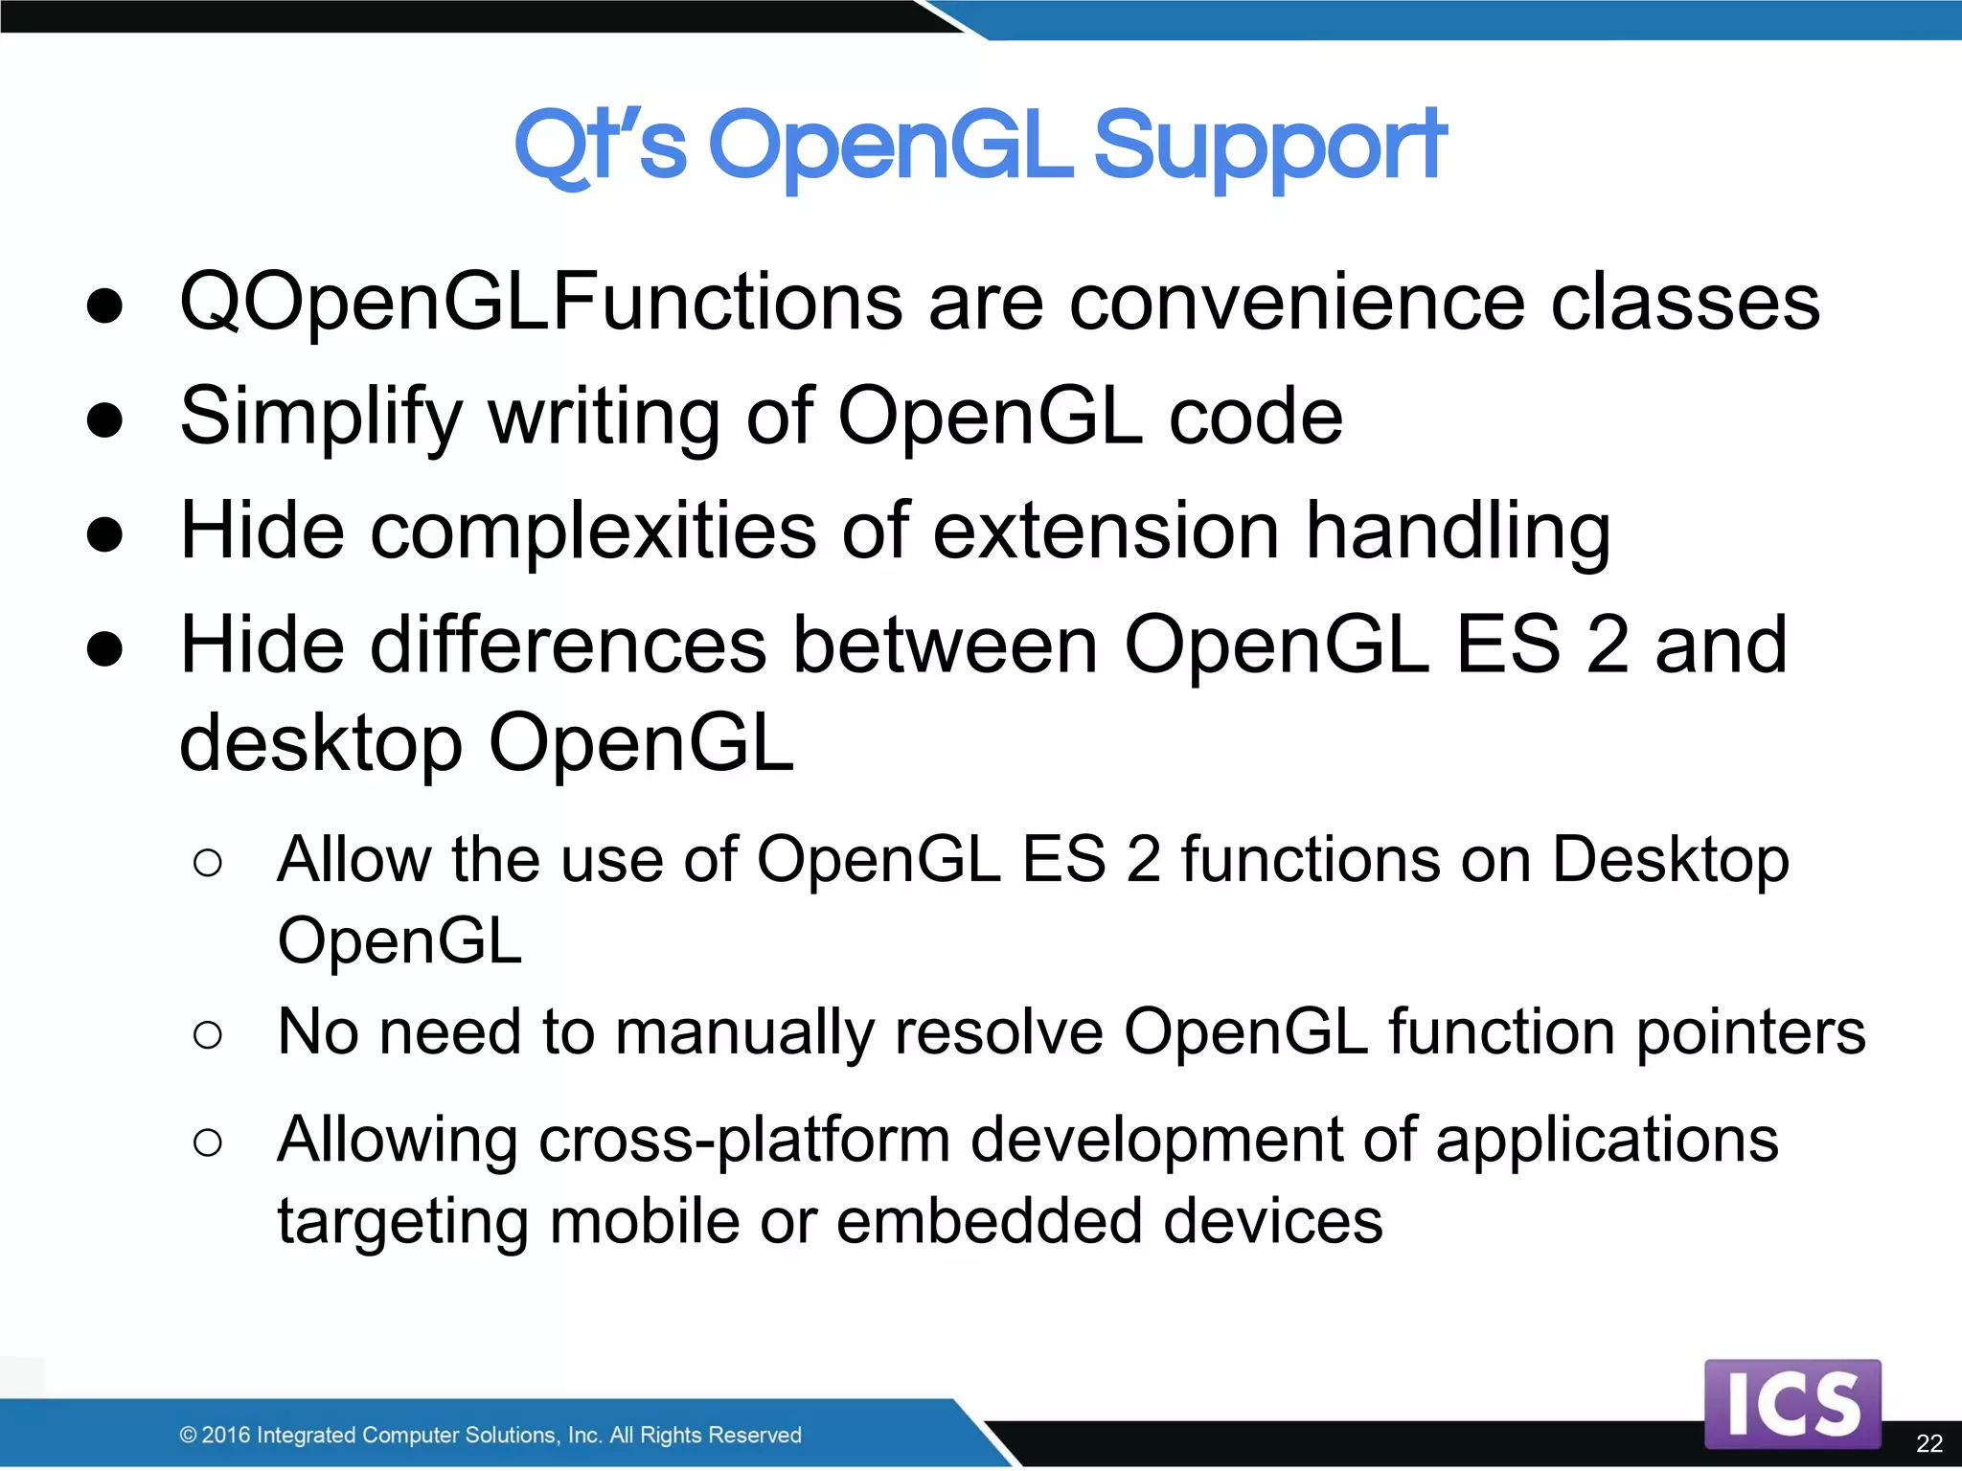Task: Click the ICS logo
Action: [1792, 1403]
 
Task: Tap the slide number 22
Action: [1928, 1443]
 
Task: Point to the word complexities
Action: [594, 532]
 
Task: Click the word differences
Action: [569, 645]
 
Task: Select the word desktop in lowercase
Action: [321, 745]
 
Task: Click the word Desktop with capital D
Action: [1670, 859]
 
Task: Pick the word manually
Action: [744, 1033]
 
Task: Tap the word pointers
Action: [1750, 1033]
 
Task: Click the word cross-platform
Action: [744, 1141]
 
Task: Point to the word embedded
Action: [989, 1222]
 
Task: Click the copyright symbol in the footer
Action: [189, 1435]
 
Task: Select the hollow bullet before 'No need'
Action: [208, 1035]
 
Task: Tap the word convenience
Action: [1296, 303]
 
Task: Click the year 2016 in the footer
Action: [226, 1435]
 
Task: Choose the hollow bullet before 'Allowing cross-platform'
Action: [208, 1143]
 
